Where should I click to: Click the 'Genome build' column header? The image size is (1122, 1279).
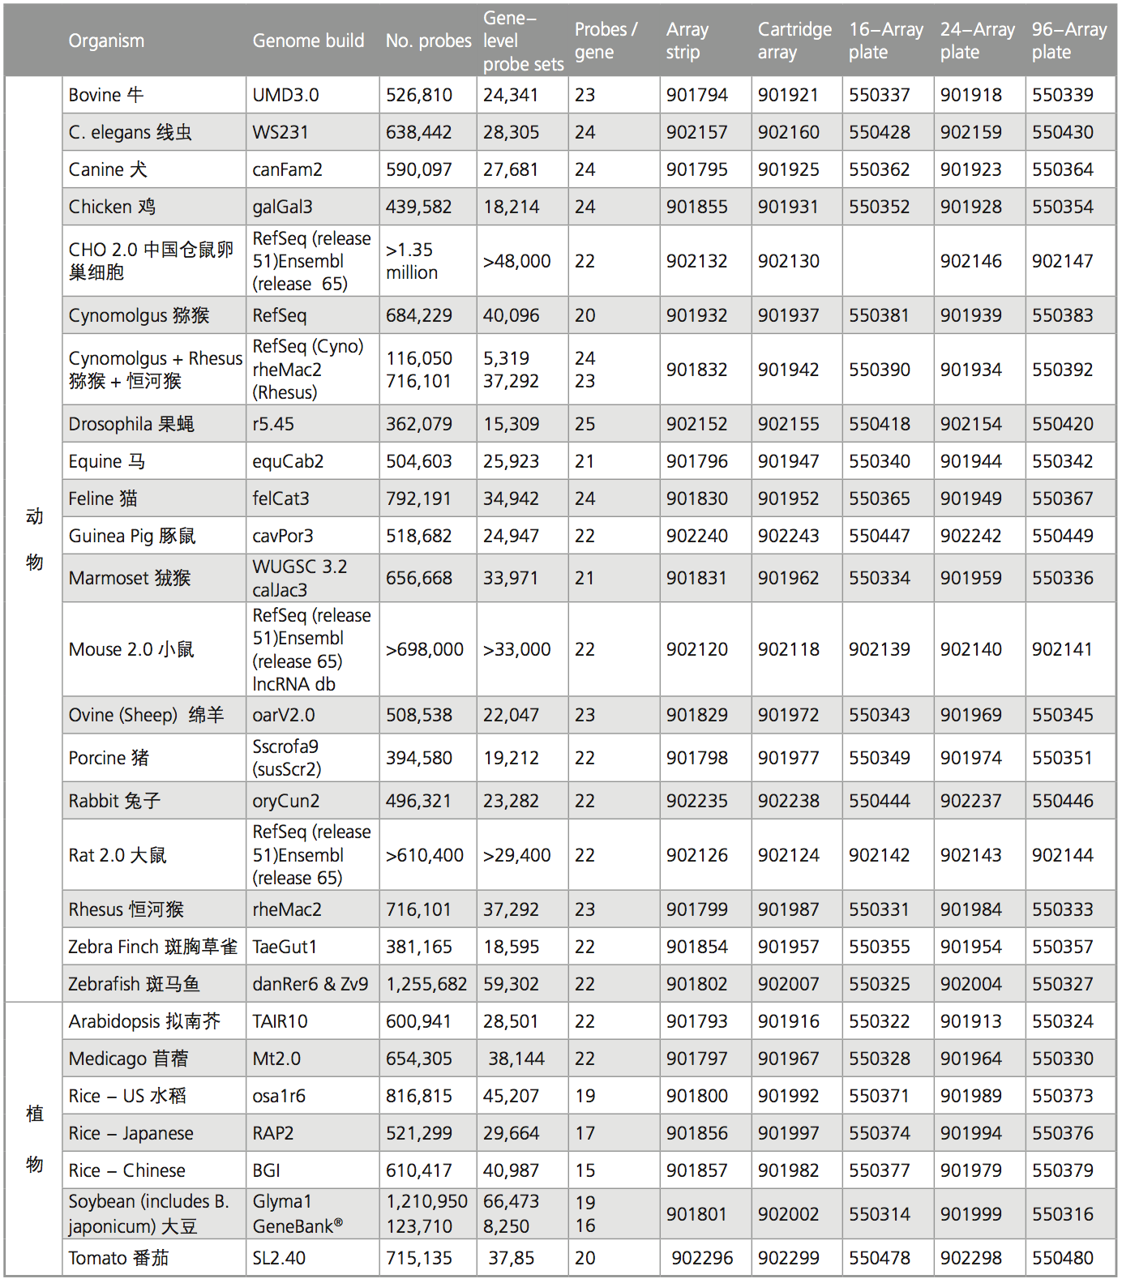(308, 41)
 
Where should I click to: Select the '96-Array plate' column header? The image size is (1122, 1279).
(1068, 41)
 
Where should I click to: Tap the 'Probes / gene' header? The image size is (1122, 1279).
(606, 41)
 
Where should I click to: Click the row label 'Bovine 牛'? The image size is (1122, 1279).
(106, 95)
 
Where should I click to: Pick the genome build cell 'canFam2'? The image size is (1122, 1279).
(287, 169)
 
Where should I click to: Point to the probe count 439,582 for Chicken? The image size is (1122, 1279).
(418, 207)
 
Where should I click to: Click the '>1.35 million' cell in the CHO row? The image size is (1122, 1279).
(411, 261)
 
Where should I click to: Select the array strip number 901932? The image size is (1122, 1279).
(696, 315)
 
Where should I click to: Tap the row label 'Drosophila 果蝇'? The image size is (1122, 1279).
(131, 424)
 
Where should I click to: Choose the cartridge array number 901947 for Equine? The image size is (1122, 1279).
(788, 461)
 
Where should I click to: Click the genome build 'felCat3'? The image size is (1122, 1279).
(280, 498)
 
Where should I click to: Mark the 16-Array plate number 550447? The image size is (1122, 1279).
(880, 536)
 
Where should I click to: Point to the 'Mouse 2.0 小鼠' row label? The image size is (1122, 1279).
(131, 649)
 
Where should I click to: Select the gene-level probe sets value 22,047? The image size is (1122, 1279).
(511, 715)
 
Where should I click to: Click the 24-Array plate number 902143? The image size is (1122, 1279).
(970, 855)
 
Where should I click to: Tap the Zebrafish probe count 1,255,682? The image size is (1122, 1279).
(426, 984)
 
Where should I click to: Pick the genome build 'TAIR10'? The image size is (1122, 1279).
(280, 1021)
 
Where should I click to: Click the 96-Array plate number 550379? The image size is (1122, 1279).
(1062, 1170)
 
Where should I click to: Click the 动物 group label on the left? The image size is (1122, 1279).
(34, 539)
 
